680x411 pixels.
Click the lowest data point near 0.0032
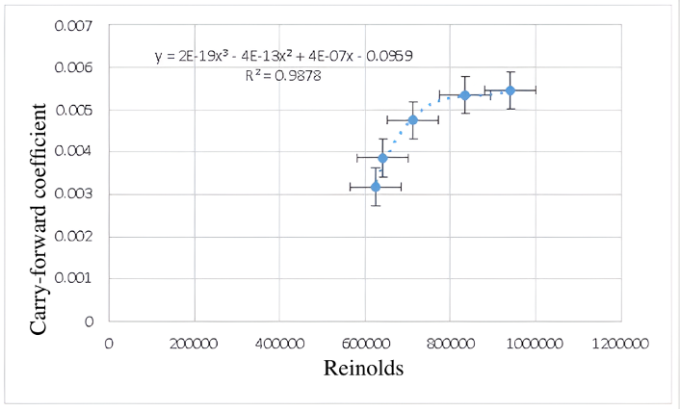(376, 187)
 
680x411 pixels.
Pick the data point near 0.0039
(382, 158)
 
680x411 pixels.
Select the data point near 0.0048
(413, 120)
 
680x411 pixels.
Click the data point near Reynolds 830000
(464, 95)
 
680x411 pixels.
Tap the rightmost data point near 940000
(510, 90)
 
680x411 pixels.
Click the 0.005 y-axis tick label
(78, 111)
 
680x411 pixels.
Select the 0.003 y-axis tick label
(78, 194)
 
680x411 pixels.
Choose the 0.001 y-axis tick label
(78, 279)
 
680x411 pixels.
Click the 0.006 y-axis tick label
(78, 68)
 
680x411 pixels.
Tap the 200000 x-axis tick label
(195, 342)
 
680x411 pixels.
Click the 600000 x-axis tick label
(365, 342)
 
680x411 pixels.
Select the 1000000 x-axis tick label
(533, 342)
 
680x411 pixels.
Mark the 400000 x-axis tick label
(279, 342)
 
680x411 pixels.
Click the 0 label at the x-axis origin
(109, 342)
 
